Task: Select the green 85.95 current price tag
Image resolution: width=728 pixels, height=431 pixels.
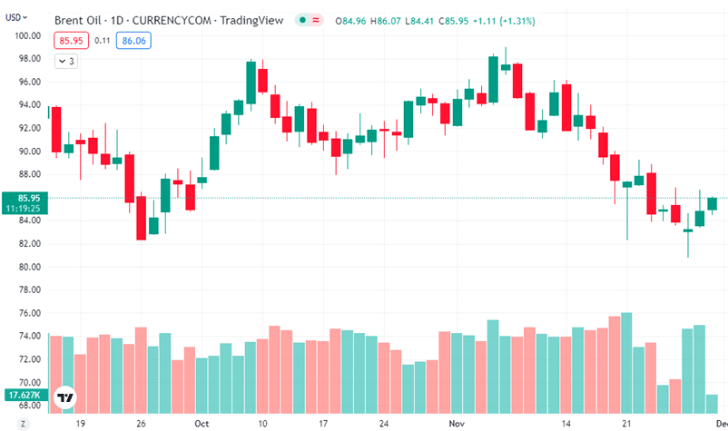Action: point(23,198)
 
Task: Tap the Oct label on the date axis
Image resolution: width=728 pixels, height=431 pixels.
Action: point(202,423)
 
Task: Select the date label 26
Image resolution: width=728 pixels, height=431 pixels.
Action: point(140,423)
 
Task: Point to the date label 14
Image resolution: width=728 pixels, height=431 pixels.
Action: point(566,423)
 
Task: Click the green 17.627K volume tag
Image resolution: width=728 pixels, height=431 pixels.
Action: point(22,395)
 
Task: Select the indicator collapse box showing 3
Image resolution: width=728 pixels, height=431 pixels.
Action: point(66,61)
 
